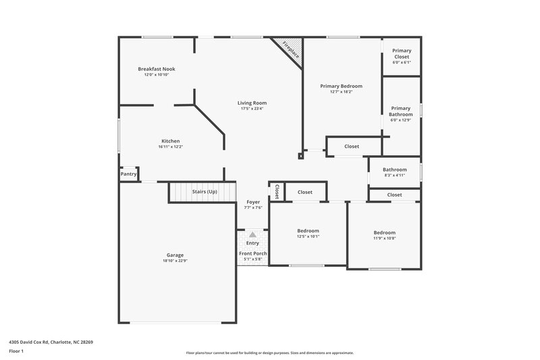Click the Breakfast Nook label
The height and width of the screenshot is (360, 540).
[157, 69]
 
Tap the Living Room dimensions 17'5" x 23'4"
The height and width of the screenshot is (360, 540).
[252, 109]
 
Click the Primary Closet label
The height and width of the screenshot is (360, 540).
[402, 53]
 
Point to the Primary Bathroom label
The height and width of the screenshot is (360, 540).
[400, 111]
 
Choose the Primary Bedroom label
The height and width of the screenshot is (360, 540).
[341, 86]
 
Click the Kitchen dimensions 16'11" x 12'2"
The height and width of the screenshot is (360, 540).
[170, 147]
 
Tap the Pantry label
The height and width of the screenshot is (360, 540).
[128, 174]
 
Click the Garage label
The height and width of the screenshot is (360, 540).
[175, 255]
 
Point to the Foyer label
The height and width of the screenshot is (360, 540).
[252, 202]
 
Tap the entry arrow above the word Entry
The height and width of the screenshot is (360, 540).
[252, 234]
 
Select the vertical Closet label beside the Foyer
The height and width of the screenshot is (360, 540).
[277, 192]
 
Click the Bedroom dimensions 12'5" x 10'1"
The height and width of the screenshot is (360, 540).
[308, 236]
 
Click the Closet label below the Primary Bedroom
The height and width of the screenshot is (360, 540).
[352, 147]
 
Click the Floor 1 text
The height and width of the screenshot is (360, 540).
[16, 352]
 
